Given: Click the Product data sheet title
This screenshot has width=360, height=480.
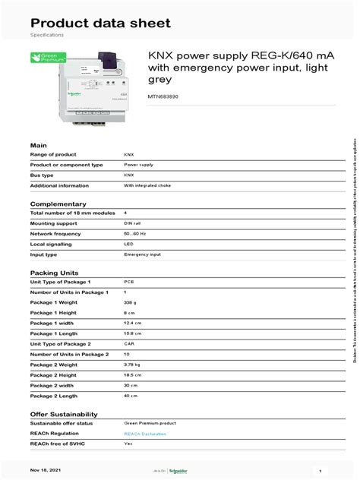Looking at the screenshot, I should (100, 23).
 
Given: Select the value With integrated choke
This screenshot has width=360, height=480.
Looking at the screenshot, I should (145, 185).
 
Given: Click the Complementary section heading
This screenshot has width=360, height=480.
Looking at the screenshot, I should (57, 204).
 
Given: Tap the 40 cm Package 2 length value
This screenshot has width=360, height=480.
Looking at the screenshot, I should (131, 396).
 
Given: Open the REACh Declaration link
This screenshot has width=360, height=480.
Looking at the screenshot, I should (145, 434).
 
